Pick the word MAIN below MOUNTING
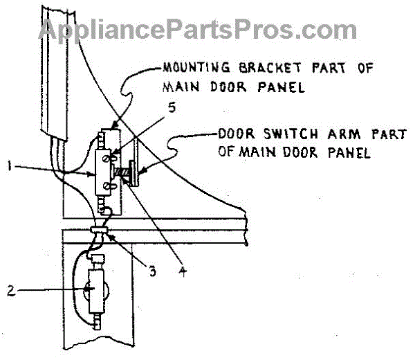pyautogui.click(x=181, y=89)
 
